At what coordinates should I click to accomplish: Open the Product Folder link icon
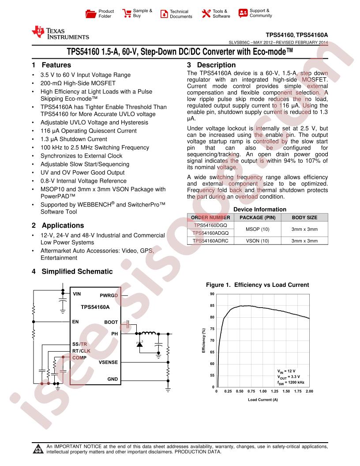[x=90, y=14]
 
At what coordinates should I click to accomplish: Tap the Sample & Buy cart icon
[x=127, y=13]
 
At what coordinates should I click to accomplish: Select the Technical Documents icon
[x=164, y=14]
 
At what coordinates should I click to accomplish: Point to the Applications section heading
[x=58, y=225]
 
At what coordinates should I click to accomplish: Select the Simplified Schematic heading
[x=72, y=271]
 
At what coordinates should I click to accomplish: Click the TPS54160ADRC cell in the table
[x=210, y=241]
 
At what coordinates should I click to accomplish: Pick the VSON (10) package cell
[x=257, y=241]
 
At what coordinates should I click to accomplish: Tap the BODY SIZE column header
[x=304, y=217]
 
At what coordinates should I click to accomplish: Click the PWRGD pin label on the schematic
[x=109, y=295]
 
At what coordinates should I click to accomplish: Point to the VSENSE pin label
[x=108, y=362]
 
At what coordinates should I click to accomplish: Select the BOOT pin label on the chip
[x=111, y=322]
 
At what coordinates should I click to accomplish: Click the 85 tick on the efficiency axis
[x=212, y=305]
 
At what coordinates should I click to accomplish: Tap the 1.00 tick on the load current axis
[x=262, y=391]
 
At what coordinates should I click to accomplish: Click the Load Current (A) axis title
[x=262, y=400]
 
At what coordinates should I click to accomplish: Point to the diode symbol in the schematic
[x=140, y=344]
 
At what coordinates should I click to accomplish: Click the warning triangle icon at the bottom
[x=37, y=450]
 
